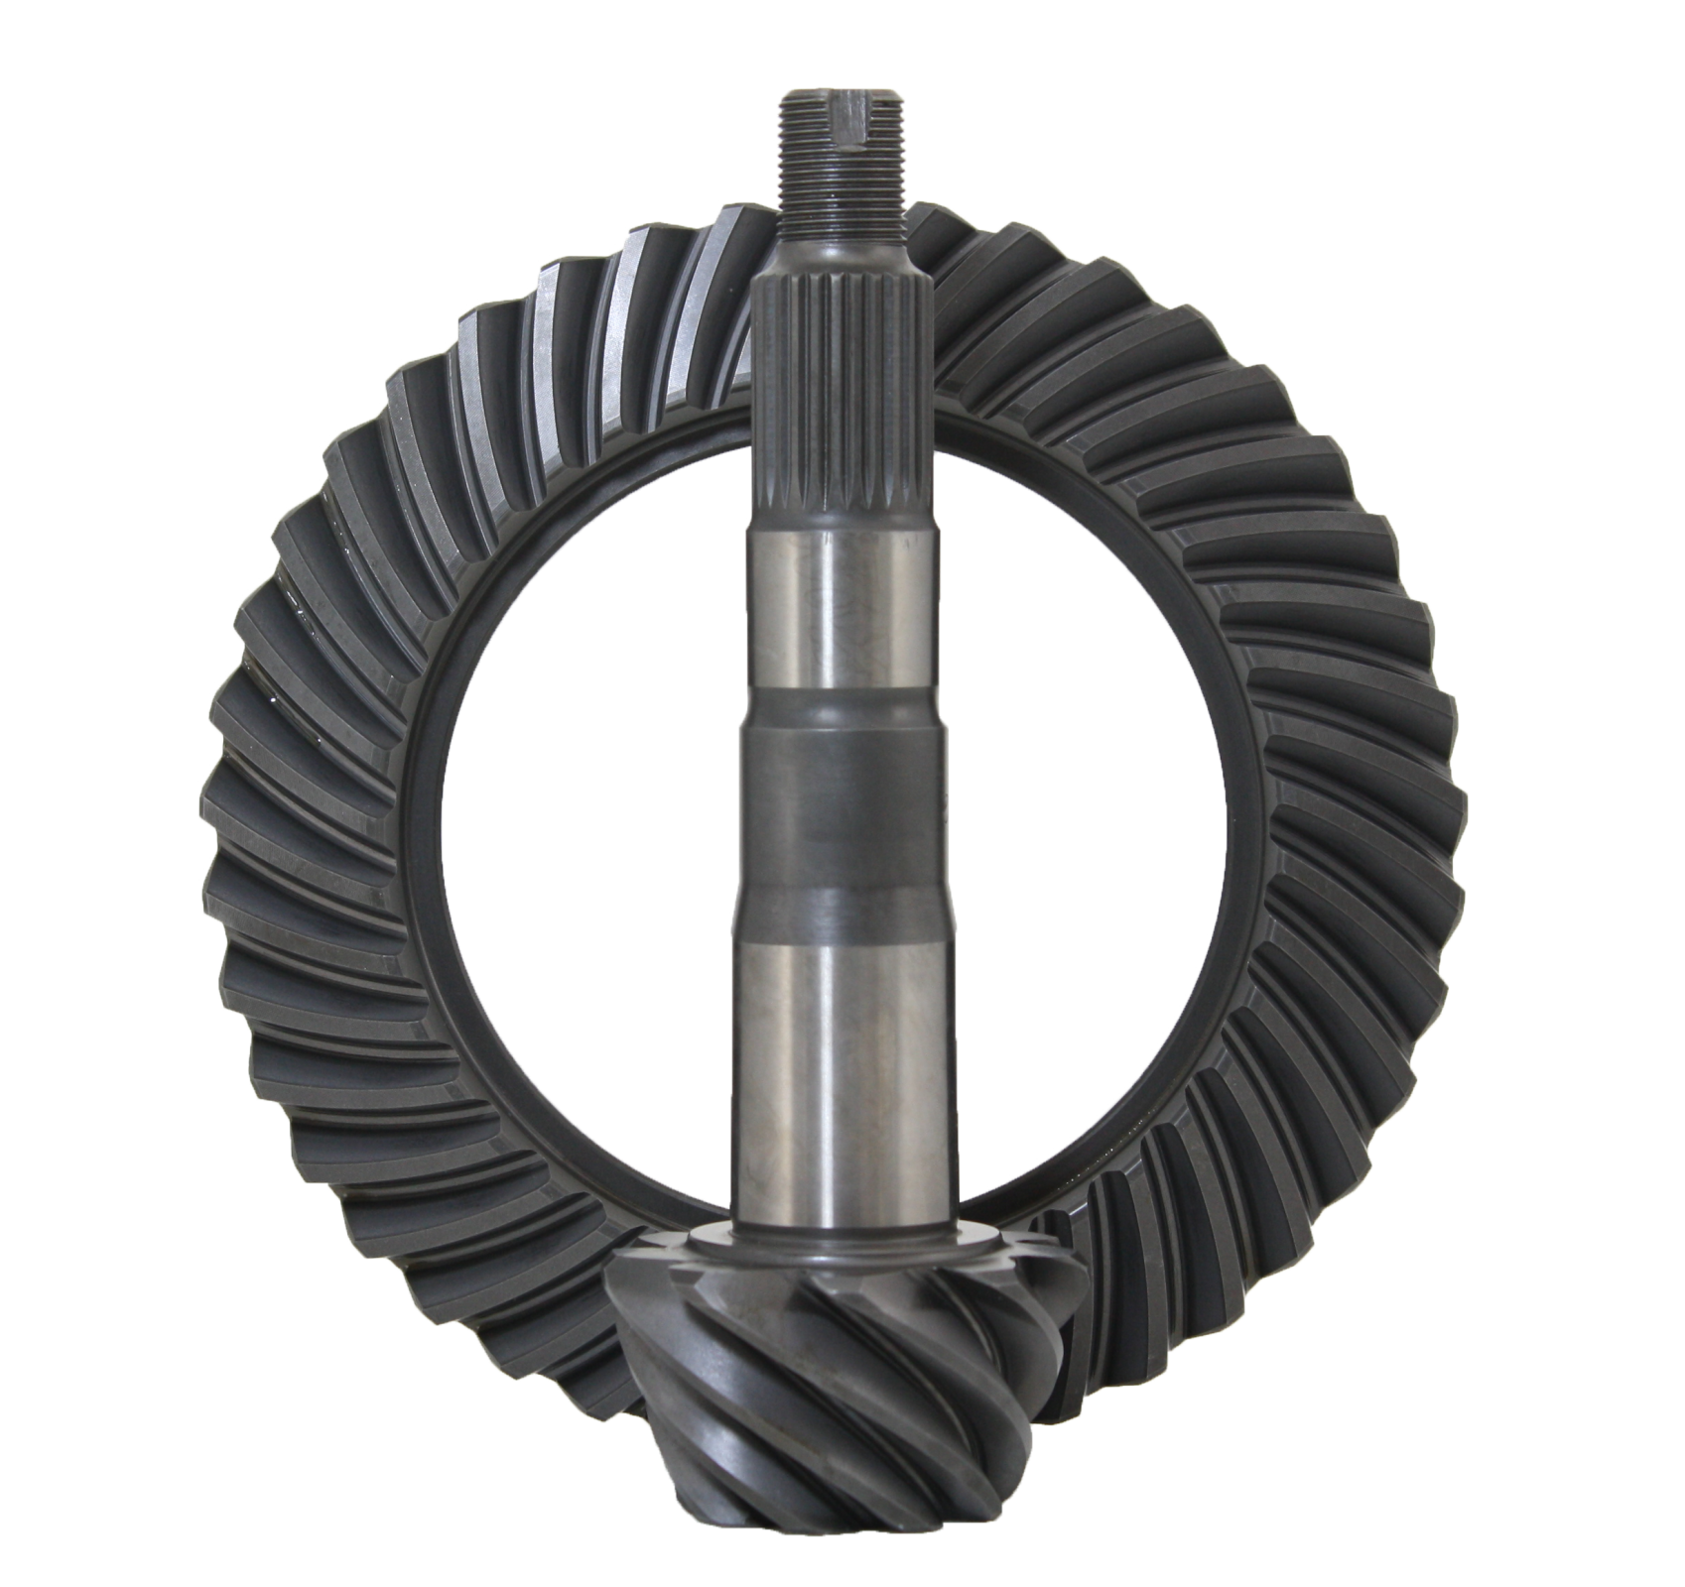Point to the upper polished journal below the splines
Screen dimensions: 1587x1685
click(839, 605)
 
